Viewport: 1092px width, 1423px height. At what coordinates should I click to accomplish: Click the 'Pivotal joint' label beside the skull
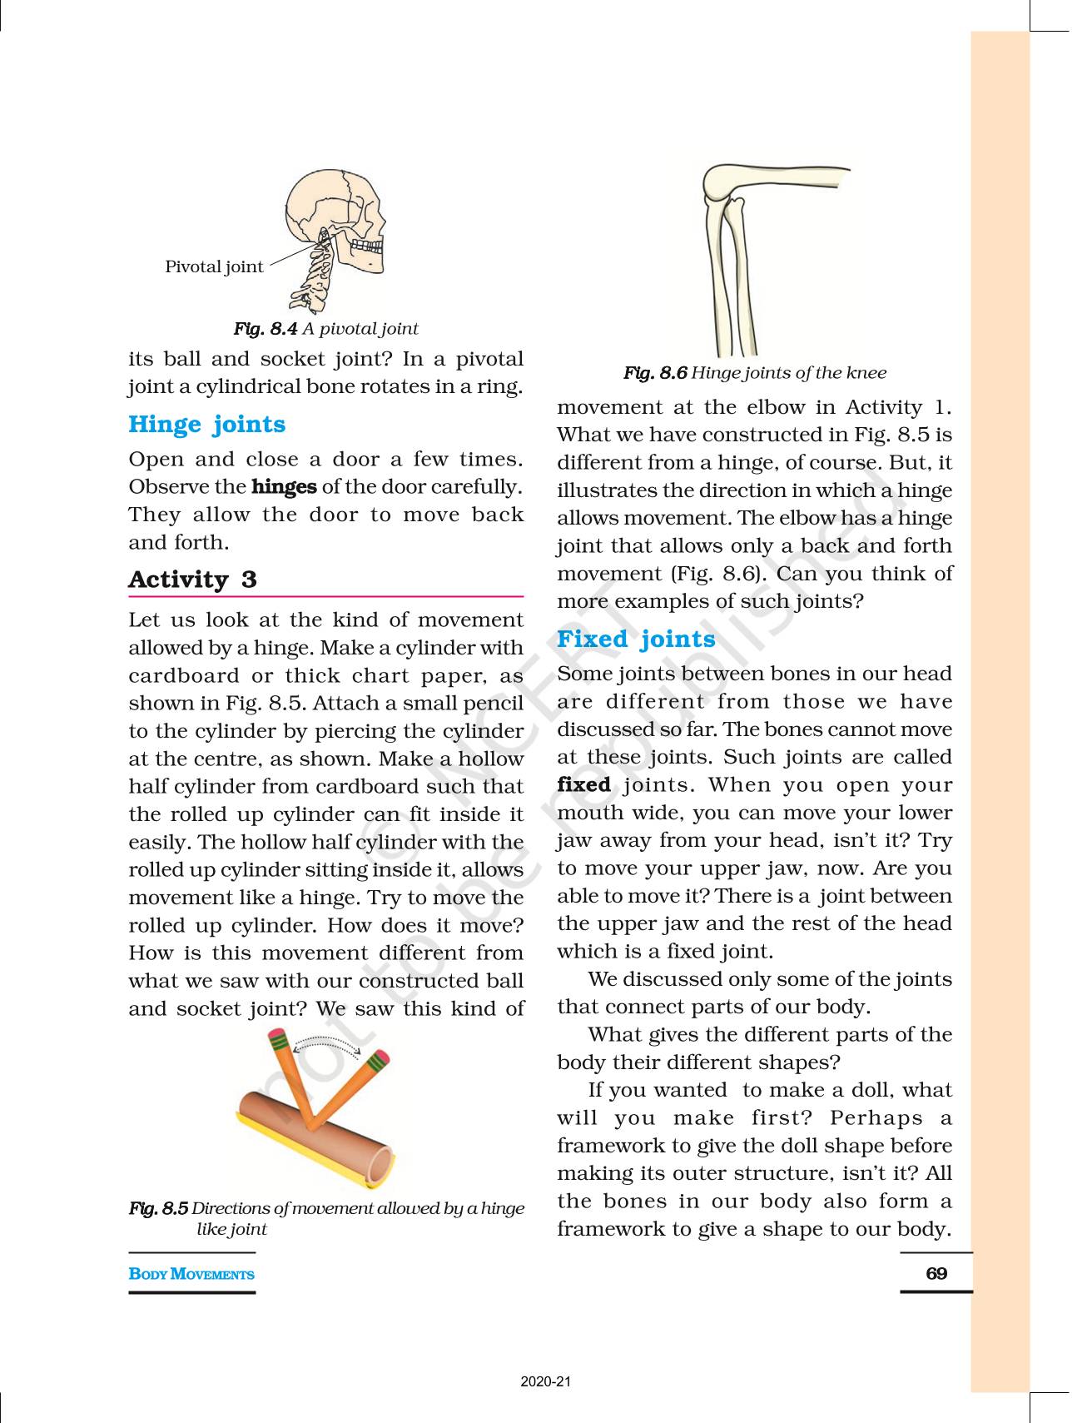coord(214,266)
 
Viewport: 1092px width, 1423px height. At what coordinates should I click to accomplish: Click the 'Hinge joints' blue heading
coord(206,424)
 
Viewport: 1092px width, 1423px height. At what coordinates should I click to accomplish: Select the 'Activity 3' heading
coord(192,580)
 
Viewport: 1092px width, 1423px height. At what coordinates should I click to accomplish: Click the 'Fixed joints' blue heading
coord(636,639)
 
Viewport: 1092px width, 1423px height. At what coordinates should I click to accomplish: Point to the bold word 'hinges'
coord(284,486)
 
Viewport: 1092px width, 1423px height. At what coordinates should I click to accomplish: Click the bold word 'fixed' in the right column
coord(583,784)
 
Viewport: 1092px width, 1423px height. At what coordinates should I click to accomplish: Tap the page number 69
coord(936,1273)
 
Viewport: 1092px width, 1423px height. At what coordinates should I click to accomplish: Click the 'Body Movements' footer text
coord(191,1274)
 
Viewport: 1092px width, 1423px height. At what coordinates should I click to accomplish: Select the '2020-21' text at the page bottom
coord(546,1382)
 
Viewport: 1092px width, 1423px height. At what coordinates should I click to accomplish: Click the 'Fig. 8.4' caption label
coord(265,329)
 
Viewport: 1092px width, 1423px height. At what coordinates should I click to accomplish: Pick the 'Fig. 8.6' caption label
coord(655,373)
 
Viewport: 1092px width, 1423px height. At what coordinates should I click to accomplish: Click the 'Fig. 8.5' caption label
coord(158,1208)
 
